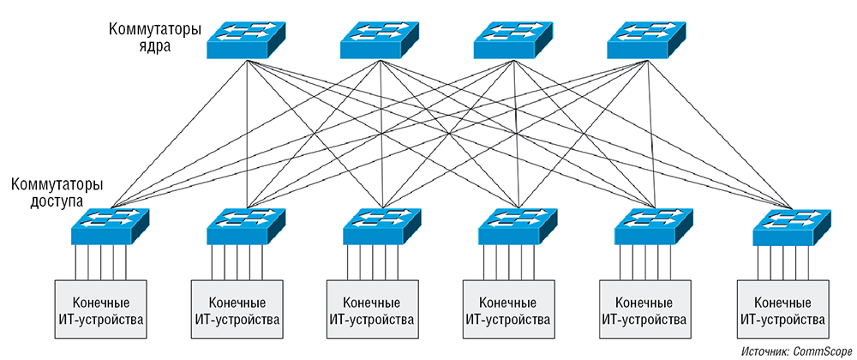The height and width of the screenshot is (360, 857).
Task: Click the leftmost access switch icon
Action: (110, 227)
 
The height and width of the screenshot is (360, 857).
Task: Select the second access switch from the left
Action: (246, 227)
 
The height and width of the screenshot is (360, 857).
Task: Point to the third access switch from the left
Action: (382, 227)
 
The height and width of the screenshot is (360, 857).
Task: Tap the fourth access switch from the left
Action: (518, 227)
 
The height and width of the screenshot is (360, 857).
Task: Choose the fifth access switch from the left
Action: (655, 227)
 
